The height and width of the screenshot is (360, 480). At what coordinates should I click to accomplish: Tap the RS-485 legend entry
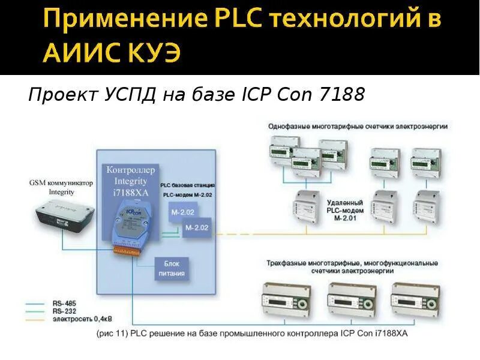(x=64, y=304)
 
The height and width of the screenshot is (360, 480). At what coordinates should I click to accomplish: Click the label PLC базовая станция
(x=188, y=186)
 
